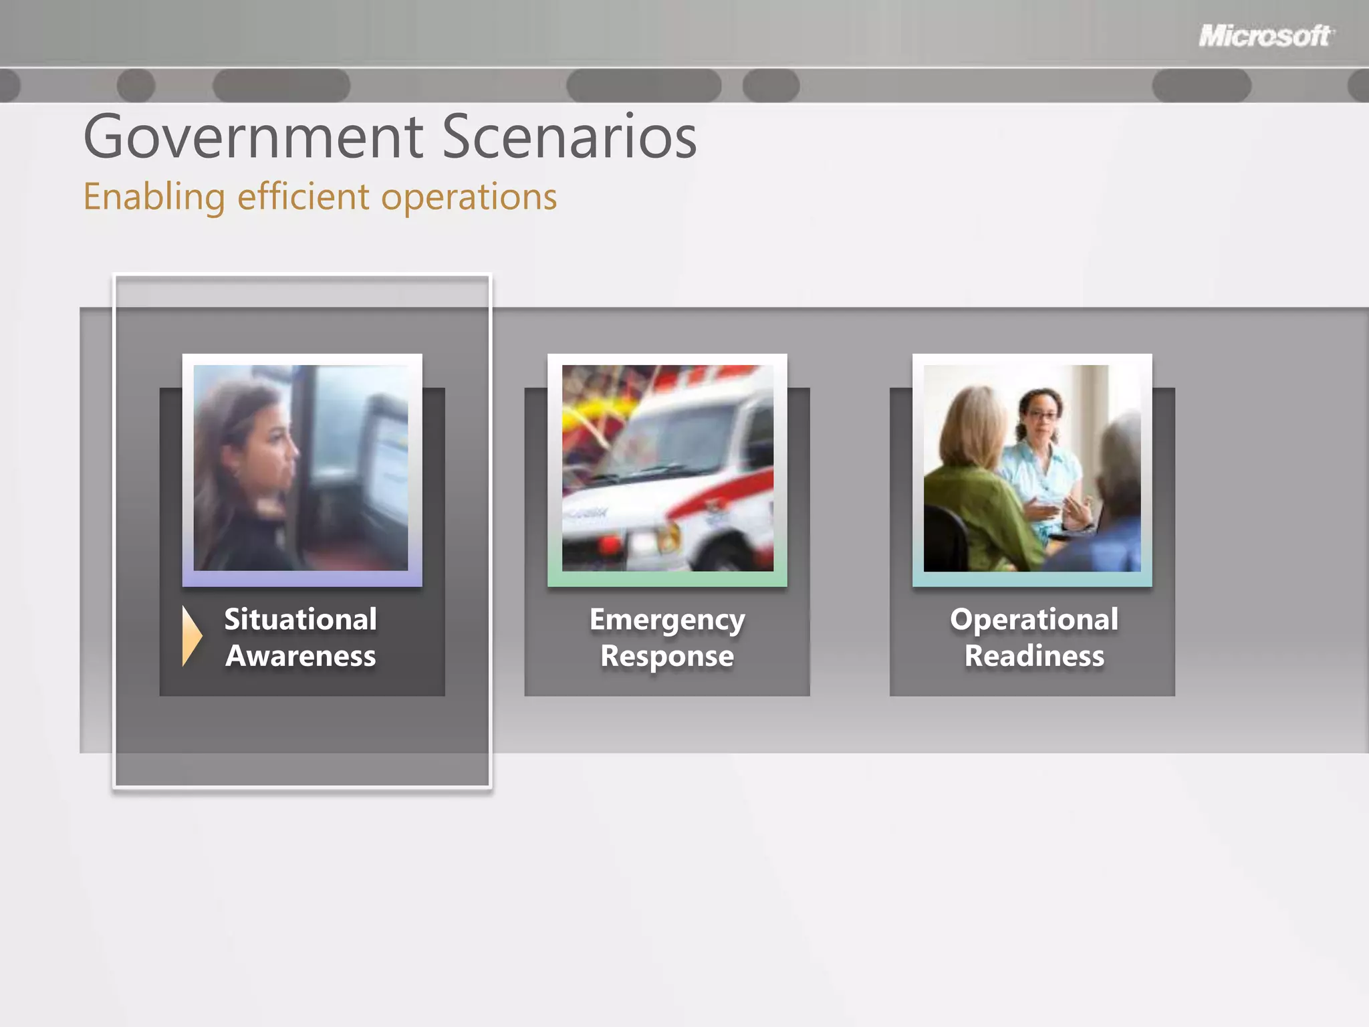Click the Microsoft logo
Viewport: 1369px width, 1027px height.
1265,36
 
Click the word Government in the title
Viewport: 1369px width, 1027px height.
253,137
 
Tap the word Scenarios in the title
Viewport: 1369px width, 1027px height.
569,137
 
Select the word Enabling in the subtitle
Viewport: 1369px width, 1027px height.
154,197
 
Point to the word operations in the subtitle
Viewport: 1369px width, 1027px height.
469,197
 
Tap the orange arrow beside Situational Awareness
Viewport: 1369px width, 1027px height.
191,636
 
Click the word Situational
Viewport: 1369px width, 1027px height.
300,619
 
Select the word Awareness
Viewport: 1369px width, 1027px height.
301,656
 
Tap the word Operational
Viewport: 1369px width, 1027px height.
1034,620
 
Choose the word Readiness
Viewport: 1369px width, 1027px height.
1034,656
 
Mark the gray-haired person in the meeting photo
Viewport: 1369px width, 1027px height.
1120,481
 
